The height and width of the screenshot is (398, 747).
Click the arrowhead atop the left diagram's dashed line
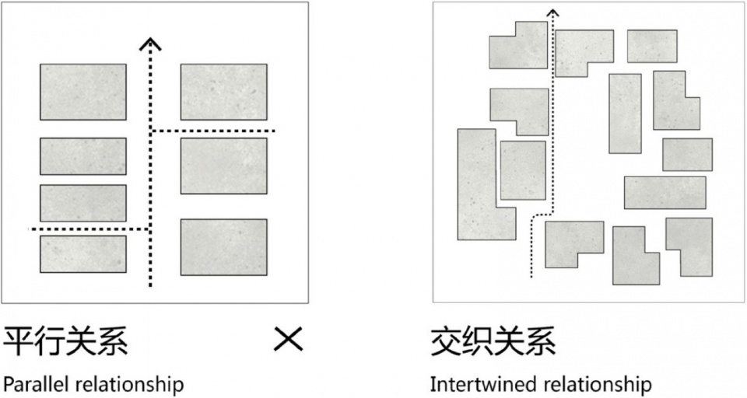coord(150,44)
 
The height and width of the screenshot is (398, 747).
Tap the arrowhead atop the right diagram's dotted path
coord(552,12)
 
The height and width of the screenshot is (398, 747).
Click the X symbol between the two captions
coord(288,339)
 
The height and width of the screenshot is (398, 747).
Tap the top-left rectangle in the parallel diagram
coord(83,92)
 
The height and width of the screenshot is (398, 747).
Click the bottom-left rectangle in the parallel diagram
coord(83,254)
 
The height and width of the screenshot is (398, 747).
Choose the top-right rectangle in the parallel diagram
coord(224,92)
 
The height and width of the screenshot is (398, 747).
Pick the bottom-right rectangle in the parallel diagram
coord(224,247)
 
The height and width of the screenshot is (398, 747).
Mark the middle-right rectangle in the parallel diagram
coord(224,166)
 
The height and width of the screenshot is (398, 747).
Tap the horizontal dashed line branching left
coord(87,229)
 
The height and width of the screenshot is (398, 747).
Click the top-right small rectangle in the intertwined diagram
coord(652,46)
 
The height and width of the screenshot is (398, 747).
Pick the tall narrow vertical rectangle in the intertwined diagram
coord(625,113)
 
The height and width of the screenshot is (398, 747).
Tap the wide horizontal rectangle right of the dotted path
coord(665,193)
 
